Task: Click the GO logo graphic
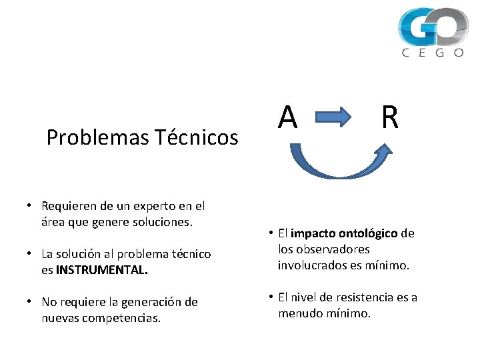tap(433, 27)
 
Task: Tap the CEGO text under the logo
tap(433, 53)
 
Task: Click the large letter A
tap(287, 118)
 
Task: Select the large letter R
tap(390, 118)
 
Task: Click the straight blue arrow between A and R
tap(333, 119)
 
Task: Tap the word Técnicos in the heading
tap(197, 137)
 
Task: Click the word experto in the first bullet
tap(143, 206)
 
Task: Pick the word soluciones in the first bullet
tap(163, 222)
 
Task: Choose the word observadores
tap(334, 249)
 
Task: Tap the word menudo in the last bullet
tap(299, 313)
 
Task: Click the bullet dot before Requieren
tap(32, 206)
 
